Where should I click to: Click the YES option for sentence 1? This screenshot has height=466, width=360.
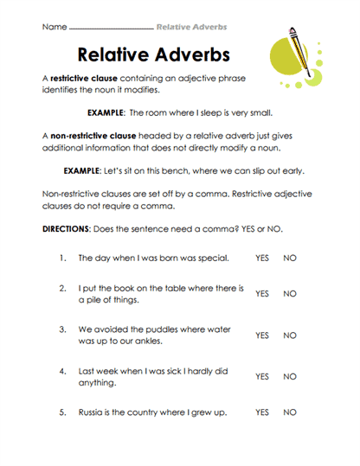(261, 258)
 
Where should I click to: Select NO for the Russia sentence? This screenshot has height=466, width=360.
(290, 412)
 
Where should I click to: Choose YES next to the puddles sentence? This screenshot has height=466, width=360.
(261, 335)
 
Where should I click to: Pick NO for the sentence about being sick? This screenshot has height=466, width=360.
(290, 377)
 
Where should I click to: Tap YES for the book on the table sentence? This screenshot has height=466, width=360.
(261, 294)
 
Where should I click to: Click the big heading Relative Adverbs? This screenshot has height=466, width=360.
(153, 54)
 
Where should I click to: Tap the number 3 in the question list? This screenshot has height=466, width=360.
(63, 329)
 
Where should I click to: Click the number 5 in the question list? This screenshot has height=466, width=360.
(63, 412)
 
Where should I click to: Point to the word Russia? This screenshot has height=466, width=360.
(91, 412)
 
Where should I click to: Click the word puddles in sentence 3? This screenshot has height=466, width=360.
(160, 329)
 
